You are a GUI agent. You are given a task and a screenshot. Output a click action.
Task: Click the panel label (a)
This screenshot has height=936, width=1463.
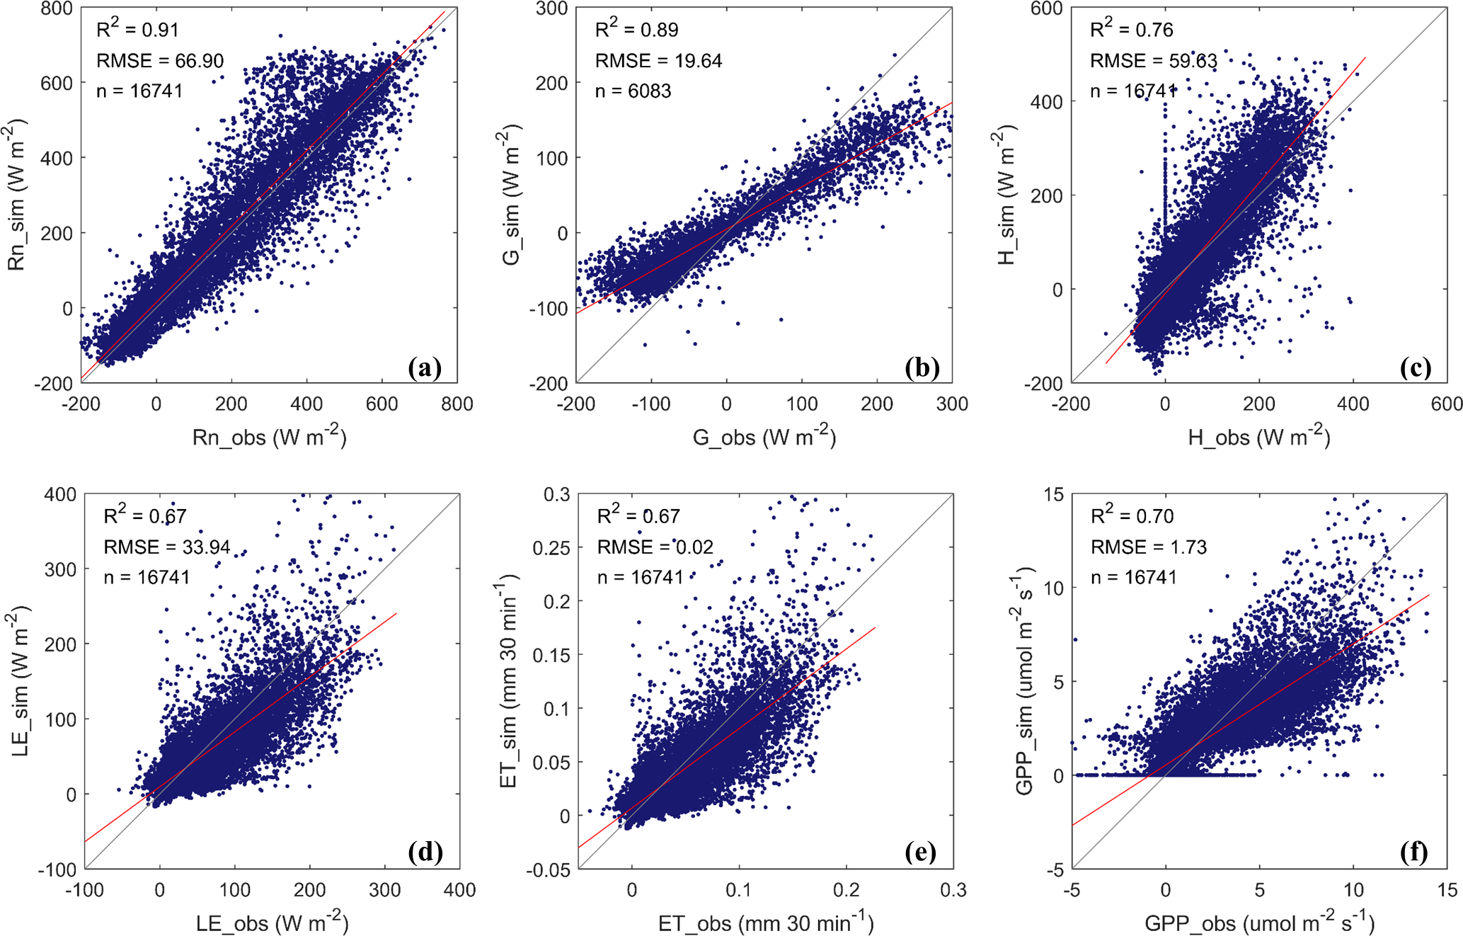click(x=425, y=367)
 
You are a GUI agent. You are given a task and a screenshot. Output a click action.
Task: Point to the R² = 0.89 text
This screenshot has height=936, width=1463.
click(x=636, y=29)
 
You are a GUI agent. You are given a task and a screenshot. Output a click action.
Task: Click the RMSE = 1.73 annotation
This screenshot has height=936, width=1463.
click(x=1148, y=547)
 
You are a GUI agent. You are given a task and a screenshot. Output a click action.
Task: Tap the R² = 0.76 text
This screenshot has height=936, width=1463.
click(x=1131, y=29)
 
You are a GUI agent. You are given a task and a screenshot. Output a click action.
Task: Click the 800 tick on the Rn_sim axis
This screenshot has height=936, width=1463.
click(x=57, y=9)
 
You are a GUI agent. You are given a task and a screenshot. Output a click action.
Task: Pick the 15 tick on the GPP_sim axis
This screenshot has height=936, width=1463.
click(x=1053, y=494)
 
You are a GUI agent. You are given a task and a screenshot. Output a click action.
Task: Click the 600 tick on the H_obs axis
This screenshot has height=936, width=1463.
click(x=1447, y=404)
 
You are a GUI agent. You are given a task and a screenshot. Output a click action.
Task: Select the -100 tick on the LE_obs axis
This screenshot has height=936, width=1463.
click(x=84, y=890)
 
